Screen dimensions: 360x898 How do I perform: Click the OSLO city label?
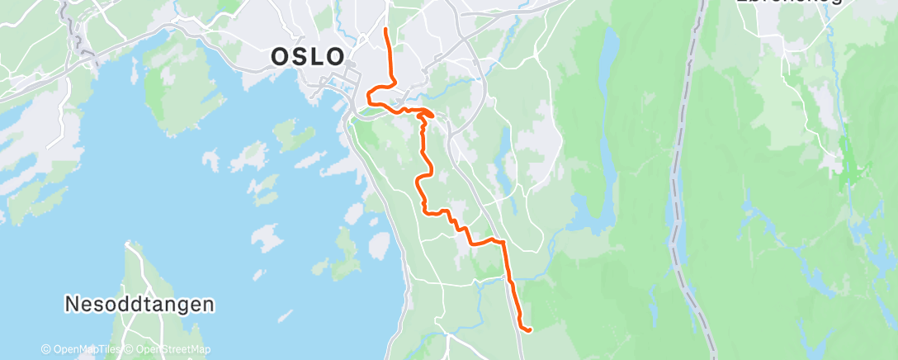point(308,56)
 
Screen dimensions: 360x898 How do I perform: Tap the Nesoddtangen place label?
point(139,304)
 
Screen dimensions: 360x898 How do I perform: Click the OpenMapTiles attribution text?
point(80,349)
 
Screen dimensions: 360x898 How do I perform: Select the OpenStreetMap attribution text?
point(168,349)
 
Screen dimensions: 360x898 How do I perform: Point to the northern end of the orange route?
point(386,31)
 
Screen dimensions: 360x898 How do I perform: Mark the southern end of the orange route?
point(528,330)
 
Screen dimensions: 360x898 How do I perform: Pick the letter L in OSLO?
point(318,56)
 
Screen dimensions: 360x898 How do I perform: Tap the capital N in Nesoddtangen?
point(72,304)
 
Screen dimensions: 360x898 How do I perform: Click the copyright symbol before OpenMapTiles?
point(47,349)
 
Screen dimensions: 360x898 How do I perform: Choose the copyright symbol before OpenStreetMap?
point(130,349)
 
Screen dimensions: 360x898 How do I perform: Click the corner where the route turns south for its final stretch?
point(503,244)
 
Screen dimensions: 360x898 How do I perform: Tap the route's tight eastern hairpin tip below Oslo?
point(432,114)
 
